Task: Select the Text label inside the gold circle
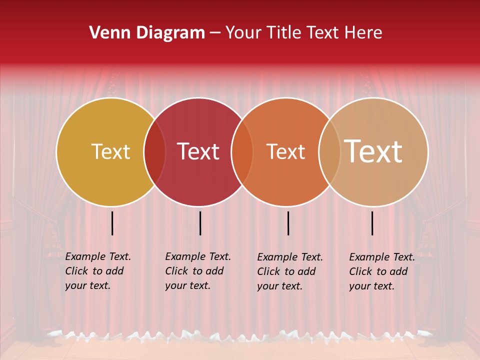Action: point(110,152)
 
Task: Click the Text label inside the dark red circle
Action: point(198,152)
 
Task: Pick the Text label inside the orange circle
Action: point(285,152)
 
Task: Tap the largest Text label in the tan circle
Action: point(373,151)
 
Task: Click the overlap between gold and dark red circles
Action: point(155,152)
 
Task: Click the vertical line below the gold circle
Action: point(112,223)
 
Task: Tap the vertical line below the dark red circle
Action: point(200,223)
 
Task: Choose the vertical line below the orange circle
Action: point(288,223)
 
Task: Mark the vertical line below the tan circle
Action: point(372,223)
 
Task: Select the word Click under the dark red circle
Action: point(176,271)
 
